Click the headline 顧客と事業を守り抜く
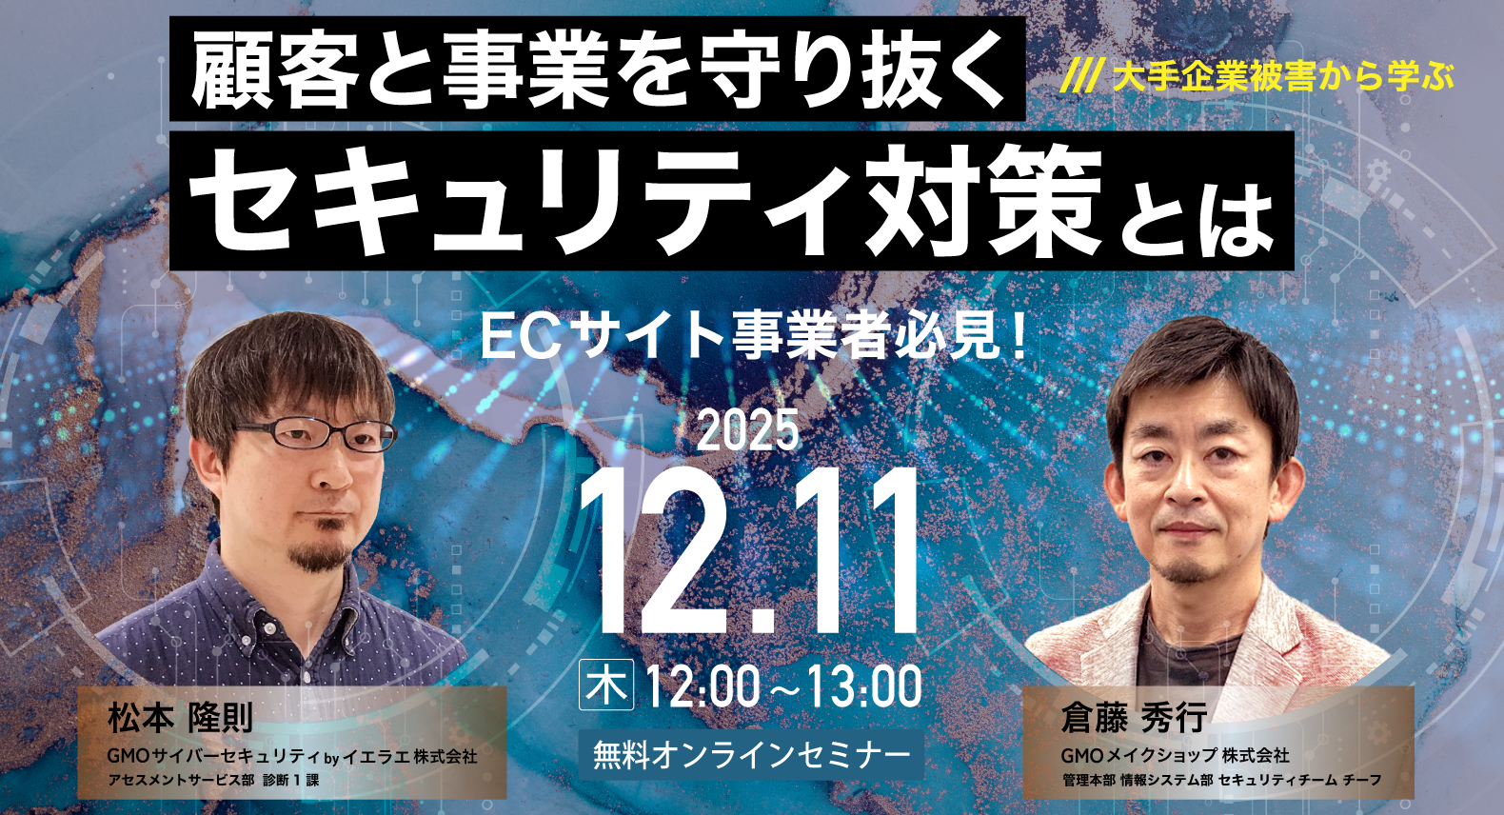coord(597,70)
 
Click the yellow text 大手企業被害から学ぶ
coord(1283,76)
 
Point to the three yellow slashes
coord(1081,76)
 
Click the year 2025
coord(749,430)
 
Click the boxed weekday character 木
coord(606,686)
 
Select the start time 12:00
coord(703,686)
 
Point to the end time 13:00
coord(864,686)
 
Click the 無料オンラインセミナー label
coord(751,755)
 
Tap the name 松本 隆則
coord(180,718)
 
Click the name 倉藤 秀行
coord(1134,717)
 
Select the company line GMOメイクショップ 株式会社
coord(1175,755)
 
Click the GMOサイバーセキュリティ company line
coord(292,757)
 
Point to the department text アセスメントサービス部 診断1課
coord(213,780)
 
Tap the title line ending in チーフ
coord(1221,780)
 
